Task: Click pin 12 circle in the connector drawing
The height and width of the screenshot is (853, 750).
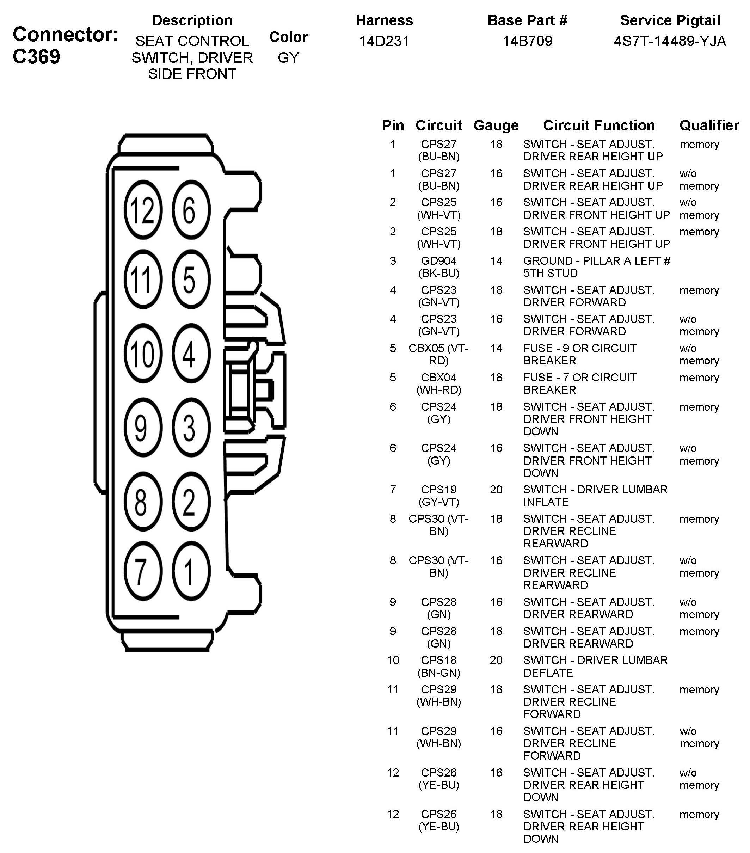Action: [x=142, y=210]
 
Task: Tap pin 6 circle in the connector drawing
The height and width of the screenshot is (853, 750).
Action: [x=191, y=210]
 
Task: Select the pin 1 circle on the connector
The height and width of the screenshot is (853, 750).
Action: [x=191, y=571]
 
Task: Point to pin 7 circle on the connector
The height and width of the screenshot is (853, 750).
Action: [x=142, y=571]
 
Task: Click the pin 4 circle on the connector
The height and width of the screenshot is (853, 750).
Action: [x=191, y=354]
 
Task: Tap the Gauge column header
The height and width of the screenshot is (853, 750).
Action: [x=496, y=125]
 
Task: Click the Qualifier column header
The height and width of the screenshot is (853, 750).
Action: [x=709, y=125]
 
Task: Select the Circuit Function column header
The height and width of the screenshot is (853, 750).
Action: [x=598, y=125]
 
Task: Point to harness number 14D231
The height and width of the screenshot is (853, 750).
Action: [x=384, y=41]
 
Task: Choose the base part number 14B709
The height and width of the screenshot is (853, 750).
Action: [x=527, y=41]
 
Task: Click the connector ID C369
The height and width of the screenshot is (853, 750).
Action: [x=36, y=57]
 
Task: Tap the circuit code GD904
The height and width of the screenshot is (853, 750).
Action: [x=439, y=261]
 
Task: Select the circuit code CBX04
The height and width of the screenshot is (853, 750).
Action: [x=439, y=377]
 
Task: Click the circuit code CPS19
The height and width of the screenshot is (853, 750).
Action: [x=439, y=489]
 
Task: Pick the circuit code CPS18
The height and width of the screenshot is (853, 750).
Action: [x=439, y=660]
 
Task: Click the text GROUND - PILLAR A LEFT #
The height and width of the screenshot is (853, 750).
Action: [x=596, y=261]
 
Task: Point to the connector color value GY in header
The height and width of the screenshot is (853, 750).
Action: [x=288, y=57]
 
